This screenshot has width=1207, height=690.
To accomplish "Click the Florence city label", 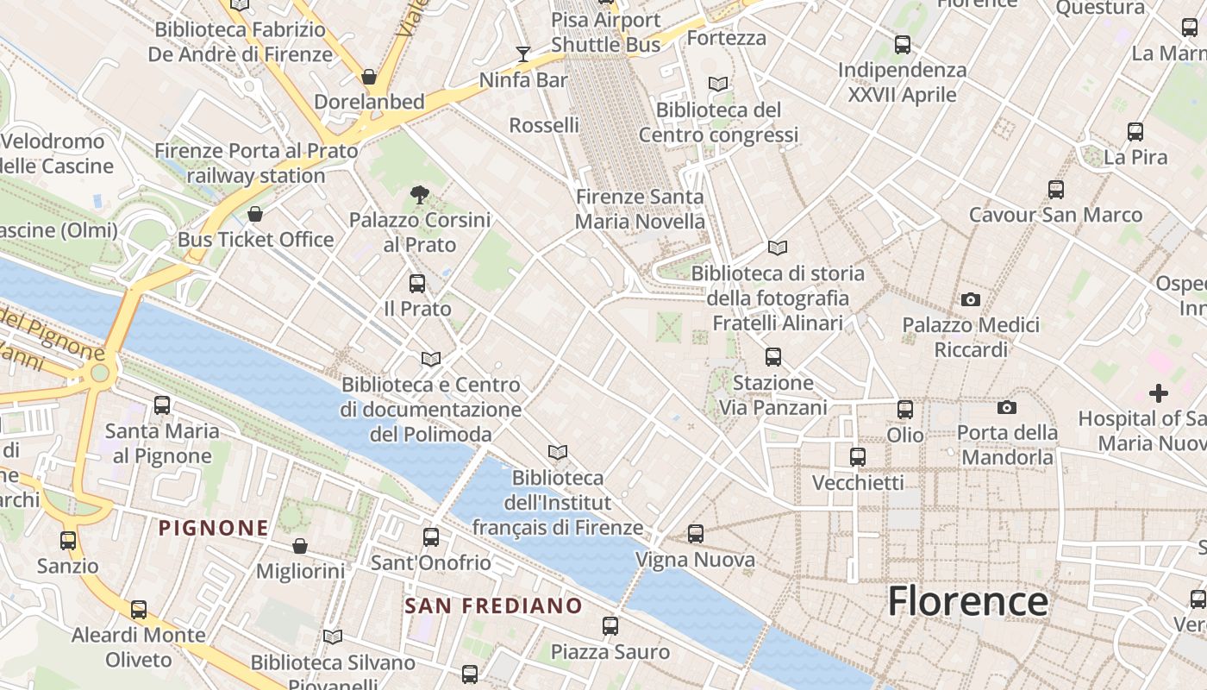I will point(967,601).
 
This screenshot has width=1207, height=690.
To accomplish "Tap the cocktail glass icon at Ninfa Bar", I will point(523,54).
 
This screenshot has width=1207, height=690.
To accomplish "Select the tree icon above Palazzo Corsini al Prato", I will point(420,195).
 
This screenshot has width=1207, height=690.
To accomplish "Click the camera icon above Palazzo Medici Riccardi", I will point(971,300).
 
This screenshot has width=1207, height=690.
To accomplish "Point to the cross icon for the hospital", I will point(1159,393).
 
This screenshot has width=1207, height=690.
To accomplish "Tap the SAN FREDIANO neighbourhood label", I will point(494,605).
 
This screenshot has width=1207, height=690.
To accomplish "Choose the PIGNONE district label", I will point(214,528).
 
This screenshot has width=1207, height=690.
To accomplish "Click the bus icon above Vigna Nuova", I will point(696,534).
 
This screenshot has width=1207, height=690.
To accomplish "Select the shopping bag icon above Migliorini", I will point(300,546).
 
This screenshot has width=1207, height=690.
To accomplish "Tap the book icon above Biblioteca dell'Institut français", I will point(558,452).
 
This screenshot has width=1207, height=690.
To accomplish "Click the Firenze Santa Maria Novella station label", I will point(640,209).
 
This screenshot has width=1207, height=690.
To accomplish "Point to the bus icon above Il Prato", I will point(417,283).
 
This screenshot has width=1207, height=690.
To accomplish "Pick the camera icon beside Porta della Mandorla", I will point(1006,407).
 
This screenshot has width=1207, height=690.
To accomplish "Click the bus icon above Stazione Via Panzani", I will point(773,356).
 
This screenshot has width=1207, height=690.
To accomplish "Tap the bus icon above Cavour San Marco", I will point(1056,189).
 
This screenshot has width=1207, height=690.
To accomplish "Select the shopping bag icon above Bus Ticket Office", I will point(255,214).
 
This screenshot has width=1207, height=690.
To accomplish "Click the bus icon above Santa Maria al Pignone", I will point(161,405).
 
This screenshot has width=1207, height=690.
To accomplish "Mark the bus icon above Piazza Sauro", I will point(610,626).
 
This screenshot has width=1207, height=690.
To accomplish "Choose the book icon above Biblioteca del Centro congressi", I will point(718,85).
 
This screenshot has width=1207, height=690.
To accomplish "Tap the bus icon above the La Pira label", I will point(1135,132).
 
